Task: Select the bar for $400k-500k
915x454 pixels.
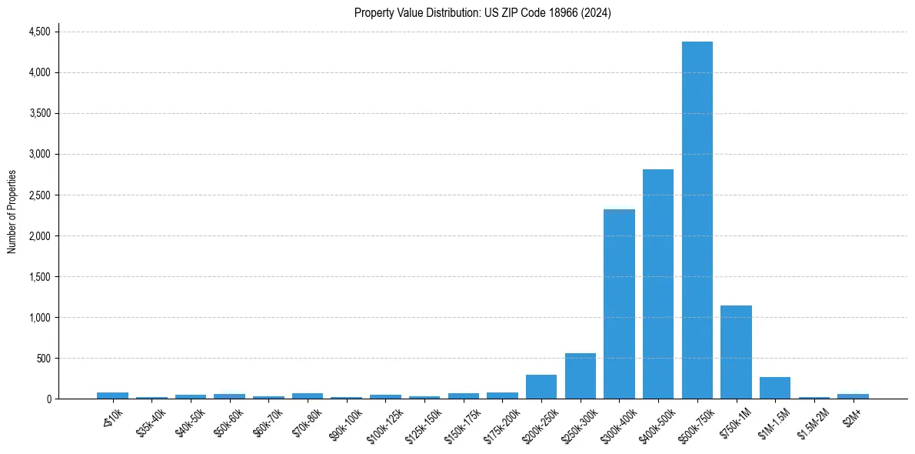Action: tap(658, 284)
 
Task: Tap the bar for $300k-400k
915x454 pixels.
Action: tap(619, 304)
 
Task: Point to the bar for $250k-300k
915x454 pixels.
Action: tap(580, 376)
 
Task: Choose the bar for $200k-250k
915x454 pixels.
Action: tap(541, 387)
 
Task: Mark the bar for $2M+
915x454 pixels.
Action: tap(853, 396)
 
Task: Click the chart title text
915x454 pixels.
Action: tap(482, 13)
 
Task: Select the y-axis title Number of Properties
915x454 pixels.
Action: tap(12, 212)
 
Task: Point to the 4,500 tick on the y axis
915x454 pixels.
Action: tap(39, 32)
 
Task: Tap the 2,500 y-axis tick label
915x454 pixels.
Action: tap(39, 195)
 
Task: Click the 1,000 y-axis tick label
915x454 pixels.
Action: tap(39, 318)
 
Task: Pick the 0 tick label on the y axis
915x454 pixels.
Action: tap(48, 399)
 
